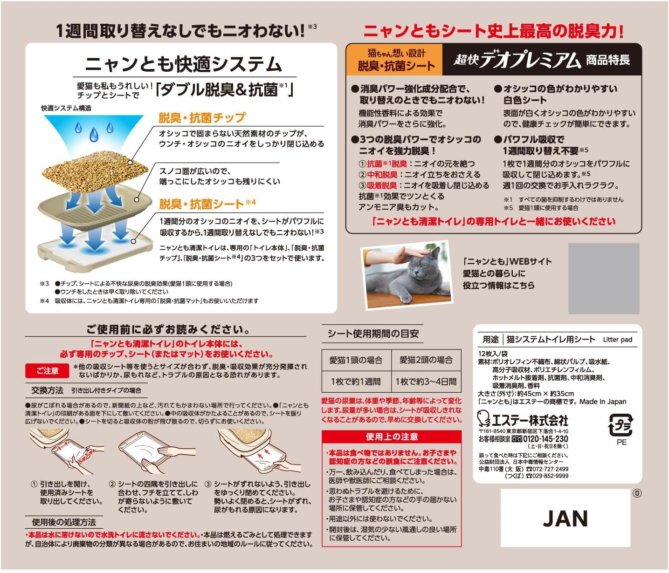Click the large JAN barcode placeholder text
[565, 518]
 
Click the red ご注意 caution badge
[48, 371]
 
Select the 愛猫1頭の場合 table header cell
[356, 360]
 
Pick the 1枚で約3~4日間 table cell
[426, 382]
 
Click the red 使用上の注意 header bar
[392, 437]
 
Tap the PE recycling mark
[621, 429]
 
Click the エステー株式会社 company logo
[523, 420]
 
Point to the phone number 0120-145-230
[545, 439]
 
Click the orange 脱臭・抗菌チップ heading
[202, 118]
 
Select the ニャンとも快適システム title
[184, 64]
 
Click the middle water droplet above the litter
[94, 135]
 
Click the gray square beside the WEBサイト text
[603, 279]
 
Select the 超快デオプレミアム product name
[517, 60]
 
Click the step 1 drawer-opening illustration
[65, 451]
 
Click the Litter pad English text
[617, 340]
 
